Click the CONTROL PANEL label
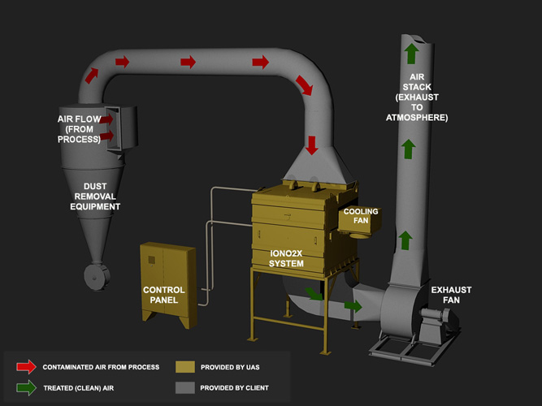(163, 295)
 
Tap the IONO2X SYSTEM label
(287, 258)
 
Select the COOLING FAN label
(361, 216)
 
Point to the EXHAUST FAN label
(451, 295)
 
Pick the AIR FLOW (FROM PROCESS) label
(79, 129)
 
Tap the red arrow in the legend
(26, 366)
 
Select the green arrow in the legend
(26, 387)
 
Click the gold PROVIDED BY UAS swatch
(185, 366)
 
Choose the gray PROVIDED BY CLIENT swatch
(185, 387)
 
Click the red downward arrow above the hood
(312, 145)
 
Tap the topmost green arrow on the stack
(411, 53)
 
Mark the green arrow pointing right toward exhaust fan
(353, 306)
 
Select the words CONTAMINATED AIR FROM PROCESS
(101, 367)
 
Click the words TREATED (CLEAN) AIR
(78, 388)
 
